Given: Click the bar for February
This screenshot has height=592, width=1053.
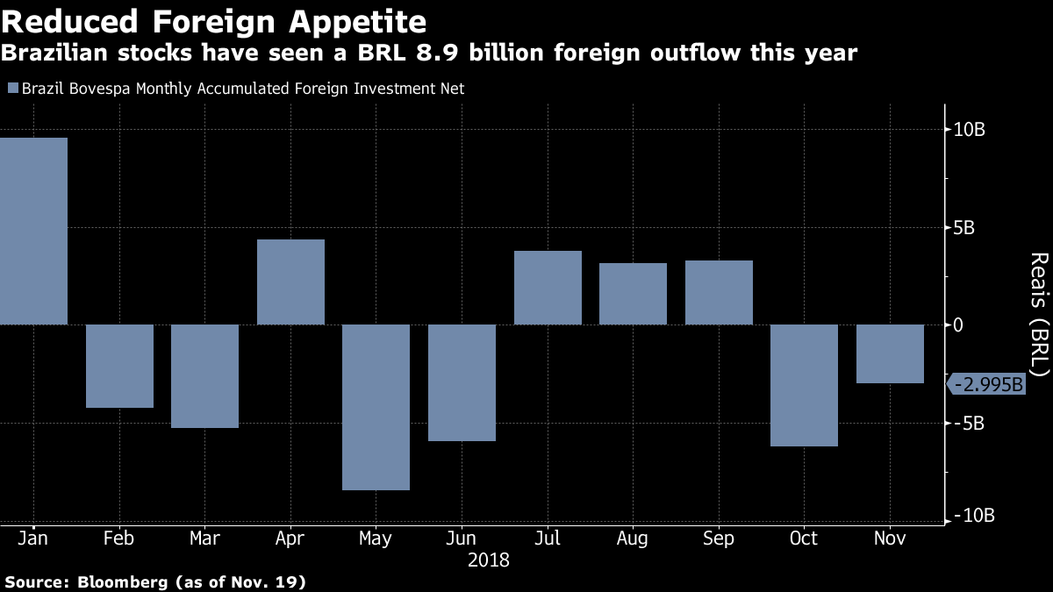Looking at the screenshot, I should [119, 366].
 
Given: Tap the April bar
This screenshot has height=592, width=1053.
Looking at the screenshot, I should [290, 282].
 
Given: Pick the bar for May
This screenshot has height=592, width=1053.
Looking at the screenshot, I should [376, 407].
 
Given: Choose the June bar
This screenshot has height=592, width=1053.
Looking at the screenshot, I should [462, 382].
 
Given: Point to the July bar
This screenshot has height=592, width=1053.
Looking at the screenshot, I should [548, 288].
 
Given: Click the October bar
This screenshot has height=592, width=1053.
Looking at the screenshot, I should [805, 385].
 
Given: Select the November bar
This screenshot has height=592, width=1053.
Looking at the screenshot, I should [890, 353].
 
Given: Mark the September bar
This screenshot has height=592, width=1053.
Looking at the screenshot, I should [719, 292].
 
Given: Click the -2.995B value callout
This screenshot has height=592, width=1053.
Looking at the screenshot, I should [989, 384].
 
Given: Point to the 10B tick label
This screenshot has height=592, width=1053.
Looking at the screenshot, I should [970, 130].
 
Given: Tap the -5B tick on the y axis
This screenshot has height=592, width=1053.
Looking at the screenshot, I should [967, 423].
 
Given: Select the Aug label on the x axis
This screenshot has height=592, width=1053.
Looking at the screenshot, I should [633, 538].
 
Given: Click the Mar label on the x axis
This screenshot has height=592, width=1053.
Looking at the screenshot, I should [204, 538].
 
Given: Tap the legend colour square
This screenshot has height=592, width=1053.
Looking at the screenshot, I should [12, 89].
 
